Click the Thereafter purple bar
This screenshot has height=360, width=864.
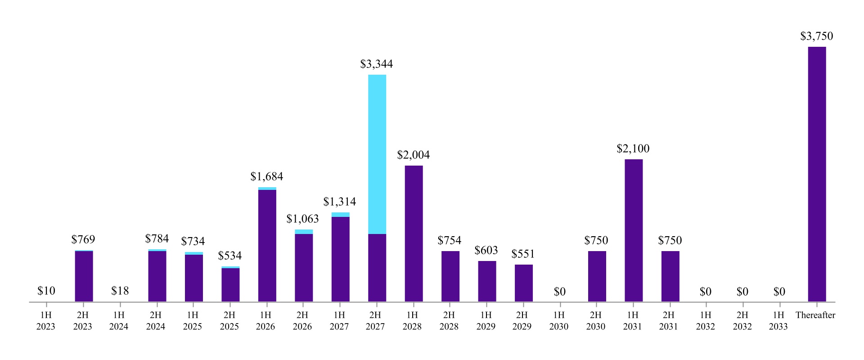[x=817, y=174]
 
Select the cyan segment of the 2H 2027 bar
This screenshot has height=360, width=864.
[x=377, y=154]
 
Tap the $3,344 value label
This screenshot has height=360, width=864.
[x=376, y=64]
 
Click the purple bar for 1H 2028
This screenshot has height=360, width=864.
[x=414, y=234]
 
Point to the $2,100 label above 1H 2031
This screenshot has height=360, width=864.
[x=633, y=149]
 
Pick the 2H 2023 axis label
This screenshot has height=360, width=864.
[x=82, y=321]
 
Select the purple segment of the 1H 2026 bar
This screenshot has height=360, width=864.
[x=267, y=245]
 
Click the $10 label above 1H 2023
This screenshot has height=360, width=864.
[x=46, y=291]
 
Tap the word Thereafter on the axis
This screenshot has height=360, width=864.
[x=815, y=315]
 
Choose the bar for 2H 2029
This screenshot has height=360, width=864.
[x=523, y=283]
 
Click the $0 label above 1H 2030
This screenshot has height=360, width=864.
[x=559, y=292]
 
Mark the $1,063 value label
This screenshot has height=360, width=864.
[x=302, y=219]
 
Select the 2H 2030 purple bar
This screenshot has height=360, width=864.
[x=597, y=276]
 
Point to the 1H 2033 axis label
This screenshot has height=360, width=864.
[x=778, y=321]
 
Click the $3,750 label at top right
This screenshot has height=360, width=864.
[x=816, y=36]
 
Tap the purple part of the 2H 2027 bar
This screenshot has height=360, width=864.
[x=377, y=268]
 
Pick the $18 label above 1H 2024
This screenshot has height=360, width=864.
[x=120, y=291]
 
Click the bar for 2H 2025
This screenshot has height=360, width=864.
[x=230, y=284]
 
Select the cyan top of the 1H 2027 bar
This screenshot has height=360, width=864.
[x=340, y=215]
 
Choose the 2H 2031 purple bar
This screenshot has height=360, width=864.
[x=670, y=276]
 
